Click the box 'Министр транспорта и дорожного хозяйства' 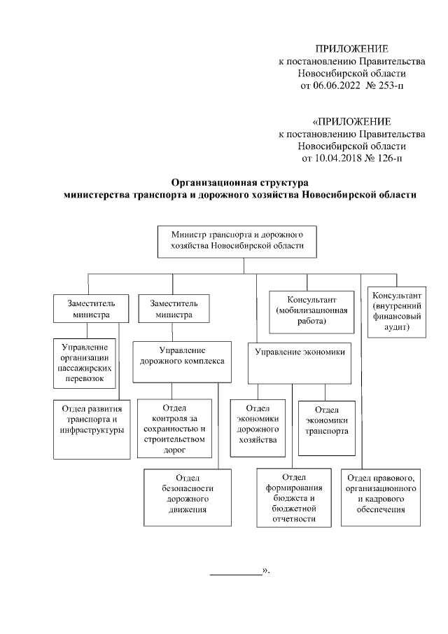[x=237, y=242]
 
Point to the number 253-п [x=387, y=86]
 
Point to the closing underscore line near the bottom [x=236, y=574]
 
